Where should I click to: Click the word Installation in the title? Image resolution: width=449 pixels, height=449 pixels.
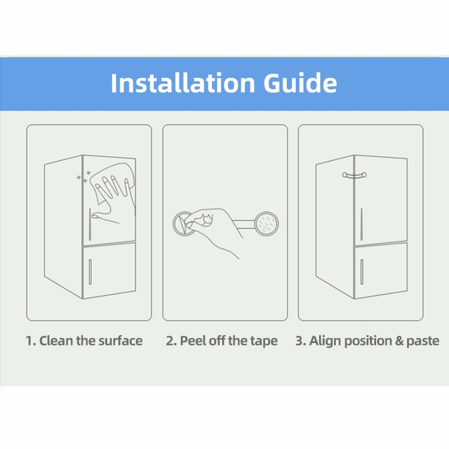183,83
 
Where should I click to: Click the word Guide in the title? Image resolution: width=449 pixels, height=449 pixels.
300,83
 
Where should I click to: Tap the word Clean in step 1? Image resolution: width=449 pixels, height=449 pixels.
56,341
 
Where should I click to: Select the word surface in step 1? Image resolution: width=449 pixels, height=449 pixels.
120,341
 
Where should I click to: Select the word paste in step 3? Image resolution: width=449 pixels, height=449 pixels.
423,341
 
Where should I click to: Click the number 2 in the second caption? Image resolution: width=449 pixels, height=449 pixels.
170,341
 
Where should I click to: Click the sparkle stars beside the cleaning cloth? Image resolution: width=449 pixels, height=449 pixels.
84,177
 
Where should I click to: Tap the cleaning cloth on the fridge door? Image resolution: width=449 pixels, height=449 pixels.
113,183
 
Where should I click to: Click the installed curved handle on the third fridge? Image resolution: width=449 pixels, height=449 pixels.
354,175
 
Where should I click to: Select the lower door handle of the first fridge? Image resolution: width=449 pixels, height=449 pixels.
90,272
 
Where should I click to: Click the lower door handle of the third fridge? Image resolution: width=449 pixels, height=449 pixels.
362,272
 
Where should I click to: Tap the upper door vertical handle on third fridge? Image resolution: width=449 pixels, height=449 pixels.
362,224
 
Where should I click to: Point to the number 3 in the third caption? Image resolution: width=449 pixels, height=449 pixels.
300,341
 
